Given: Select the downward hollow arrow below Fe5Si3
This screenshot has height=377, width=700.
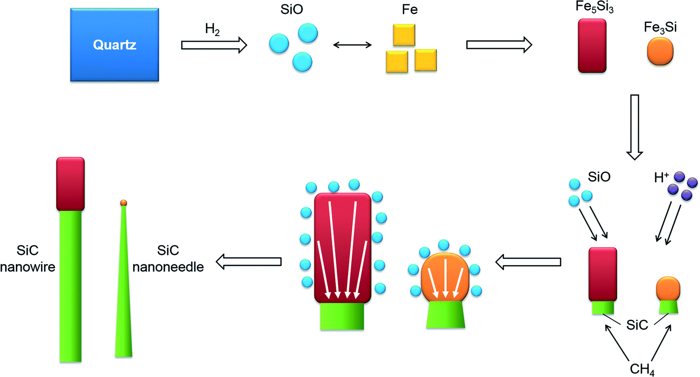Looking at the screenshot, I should (635, 126).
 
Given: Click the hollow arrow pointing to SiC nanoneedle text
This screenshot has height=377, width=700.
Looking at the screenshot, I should (249, 260).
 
